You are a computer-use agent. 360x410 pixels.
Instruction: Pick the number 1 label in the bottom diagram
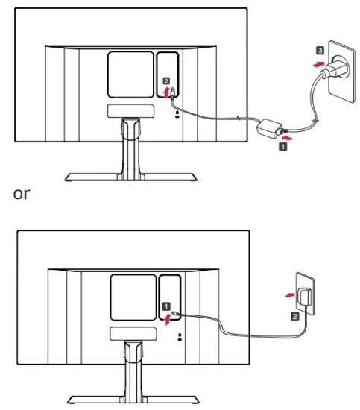[x=168, y=306]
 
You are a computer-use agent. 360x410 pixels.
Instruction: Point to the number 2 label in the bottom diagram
[x=295, y=316]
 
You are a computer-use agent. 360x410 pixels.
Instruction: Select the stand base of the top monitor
[x=131, y=177]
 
